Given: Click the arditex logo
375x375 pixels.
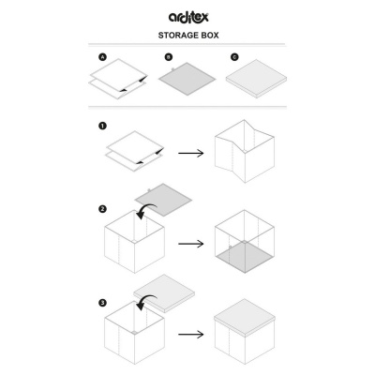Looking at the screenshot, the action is tap(188, 17).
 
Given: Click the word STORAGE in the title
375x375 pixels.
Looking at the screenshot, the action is tap(178, 36).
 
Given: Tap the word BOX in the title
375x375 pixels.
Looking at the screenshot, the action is tap(210, 36).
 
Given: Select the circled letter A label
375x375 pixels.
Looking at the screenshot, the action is tap(102, 57).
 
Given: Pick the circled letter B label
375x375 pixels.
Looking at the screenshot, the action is tap(169, 57).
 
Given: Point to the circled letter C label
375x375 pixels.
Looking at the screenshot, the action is tap(234, 57).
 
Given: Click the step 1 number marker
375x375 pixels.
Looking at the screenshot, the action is tap(102, 126).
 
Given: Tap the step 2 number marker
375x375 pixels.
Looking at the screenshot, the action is tap(102, 209).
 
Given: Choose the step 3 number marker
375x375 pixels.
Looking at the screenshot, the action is tap(102, 303).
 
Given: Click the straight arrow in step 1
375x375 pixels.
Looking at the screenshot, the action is tap(191, 153).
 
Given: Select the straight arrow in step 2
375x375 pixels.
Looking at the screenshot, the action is tap(191, 244).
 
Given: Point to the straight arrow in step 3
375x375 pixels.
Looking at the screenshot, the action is tap(191, 335).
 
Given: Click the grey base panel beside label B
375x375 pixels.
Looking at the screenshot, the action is tap(187, 79).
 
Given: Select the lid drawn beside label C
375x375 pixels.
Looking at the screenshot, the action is tap(256, 79).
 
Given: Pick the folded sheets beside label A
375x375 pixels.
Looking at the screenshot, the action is tap(118, 79).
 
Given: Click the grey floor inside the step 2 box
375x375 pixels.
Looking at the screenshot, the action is tap(245, 257).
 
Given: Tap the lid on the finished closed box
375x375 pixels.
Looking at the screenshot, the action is tap(245, 317).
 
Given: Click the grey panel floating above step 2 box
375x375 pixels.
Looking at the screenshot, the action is tap(163, 200).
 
